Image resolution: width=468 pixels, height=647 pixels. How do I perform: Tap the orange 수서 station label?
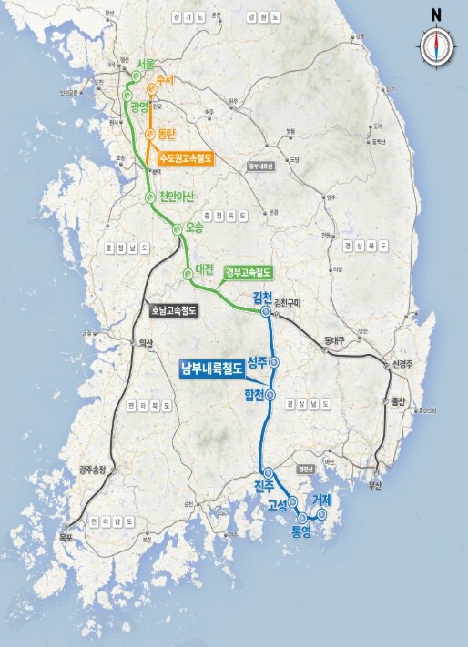click(165, 81)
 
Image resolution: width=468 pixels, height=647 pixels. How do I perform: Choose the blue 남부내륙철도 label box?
click(211, 369)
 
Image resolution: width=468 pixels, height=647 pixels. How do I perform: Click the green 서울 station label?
click(144, 65)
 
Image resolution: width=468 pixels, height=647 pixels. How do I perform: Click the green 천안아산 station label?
click(178, 197)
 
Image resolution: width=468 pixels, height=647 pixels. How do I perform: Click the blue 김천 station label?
click(265, 298)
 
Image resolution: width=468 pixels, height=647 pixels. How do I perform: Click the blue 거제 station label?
click(322, 500)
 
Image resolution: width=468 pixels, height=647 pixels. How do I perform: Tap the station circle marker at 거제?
click(321, 514)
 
